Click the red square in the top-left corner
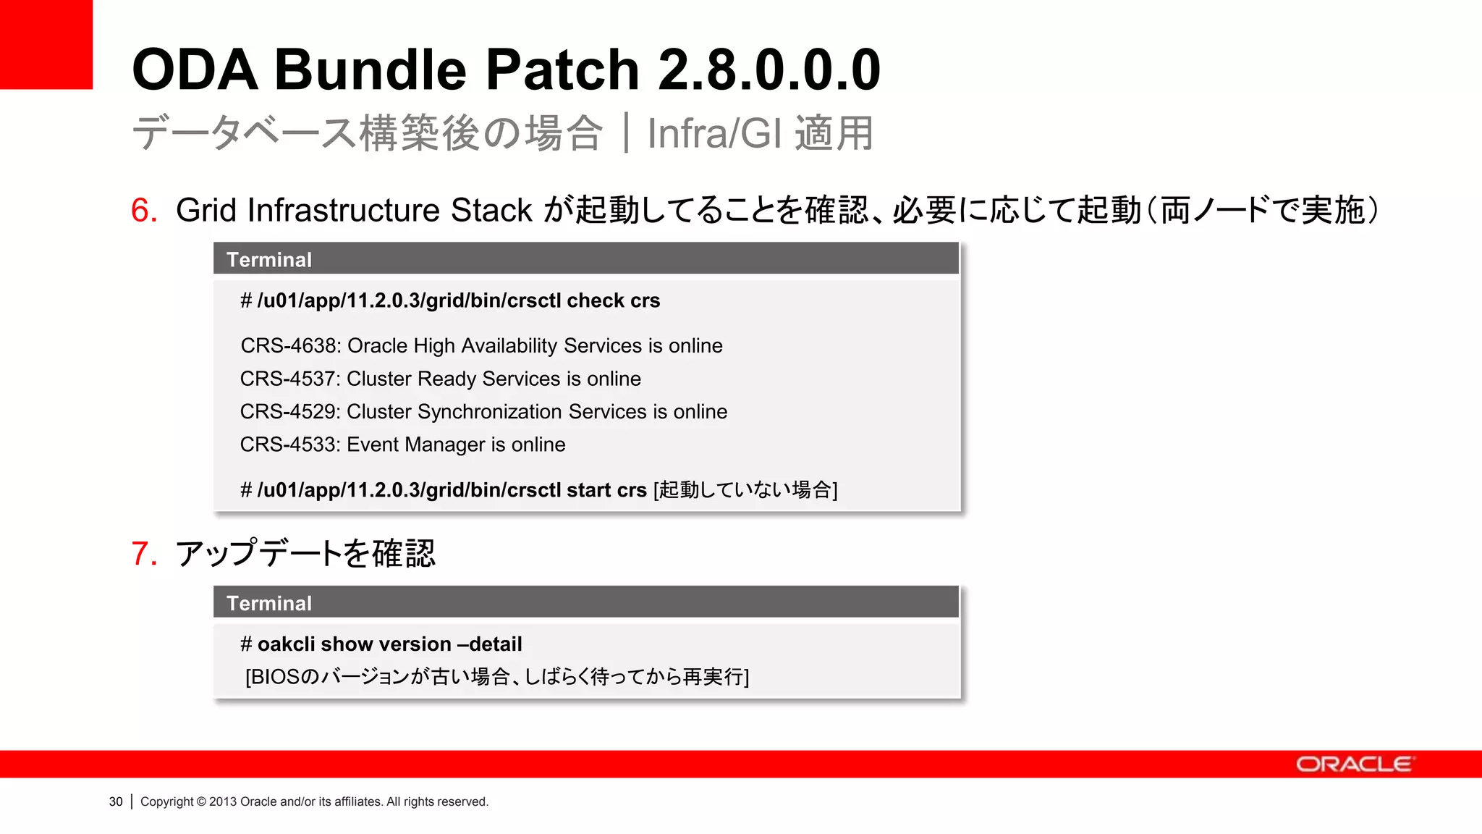(46, 43)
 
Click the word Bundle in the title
(370, 69)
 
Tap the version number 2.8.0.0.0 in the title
(769, 69)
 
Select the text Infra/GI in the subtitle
(714, 133)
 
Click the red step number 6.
(144, 211)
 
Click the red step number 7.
(144, 554)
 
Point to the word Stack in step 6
(491, 211)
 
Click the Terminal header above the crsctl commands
(268, 260)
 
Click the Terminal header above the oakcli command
(268, 603)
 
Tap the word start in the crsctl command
(588, 490)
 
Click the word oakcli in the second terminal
(286, 644)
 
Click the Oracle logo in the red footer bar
(1353, 764)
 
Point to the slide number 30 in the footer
(116, 801)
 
